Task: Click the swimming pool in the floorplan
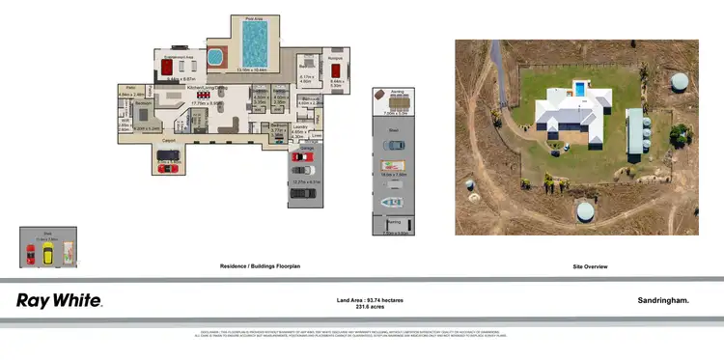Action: (x=255, y=44)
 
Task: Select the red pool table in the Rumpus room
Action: (x=337, y=71)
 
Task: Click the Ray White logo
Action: (x=59, y=300)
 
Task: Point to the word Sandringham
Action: (x=663, y=301)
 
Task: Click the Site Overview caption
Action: (x=577, y=266)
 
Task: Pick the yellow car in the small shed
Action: (x=46, y=255)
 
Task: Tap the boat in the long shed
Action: (x=391, y=202)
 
